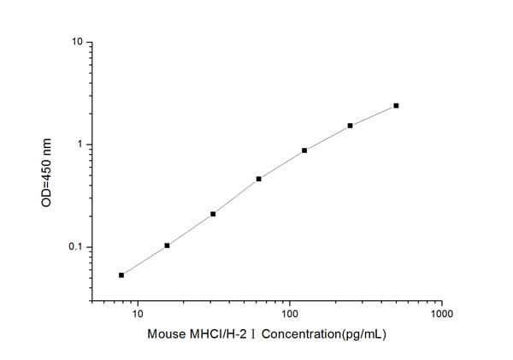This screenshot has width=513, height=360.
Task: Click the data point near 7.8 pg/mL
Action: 121,275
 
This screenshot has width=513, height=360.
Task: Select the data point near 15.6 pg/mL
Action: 167,245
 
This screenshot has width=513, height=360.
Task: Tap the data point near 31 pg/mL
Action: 213,214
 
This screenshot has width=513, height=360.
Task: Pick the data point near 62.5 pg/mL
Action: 258,179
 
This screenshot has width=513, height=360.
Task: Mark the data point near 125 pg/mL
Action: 304,150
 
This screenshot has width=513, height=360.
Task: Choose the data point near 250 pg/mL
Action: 351,126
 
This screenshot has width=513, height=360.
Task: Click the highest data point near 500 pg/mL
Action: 396,106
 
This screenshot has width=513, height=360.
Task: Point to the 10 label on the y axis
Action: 76,42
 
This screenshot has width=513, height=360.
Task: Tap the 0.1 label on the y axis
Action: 75,248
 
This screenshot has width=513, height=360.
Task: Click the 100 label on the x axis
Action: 290,315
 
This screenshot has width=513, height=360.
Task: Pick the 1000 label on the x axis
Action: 442,315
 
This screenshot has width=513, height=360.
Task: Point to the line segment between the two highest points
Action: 374,115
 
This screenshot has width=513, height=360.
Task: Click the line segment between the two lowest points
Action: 144,261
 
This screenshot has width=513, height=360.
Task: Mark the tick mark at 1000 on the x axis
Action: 442,303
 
